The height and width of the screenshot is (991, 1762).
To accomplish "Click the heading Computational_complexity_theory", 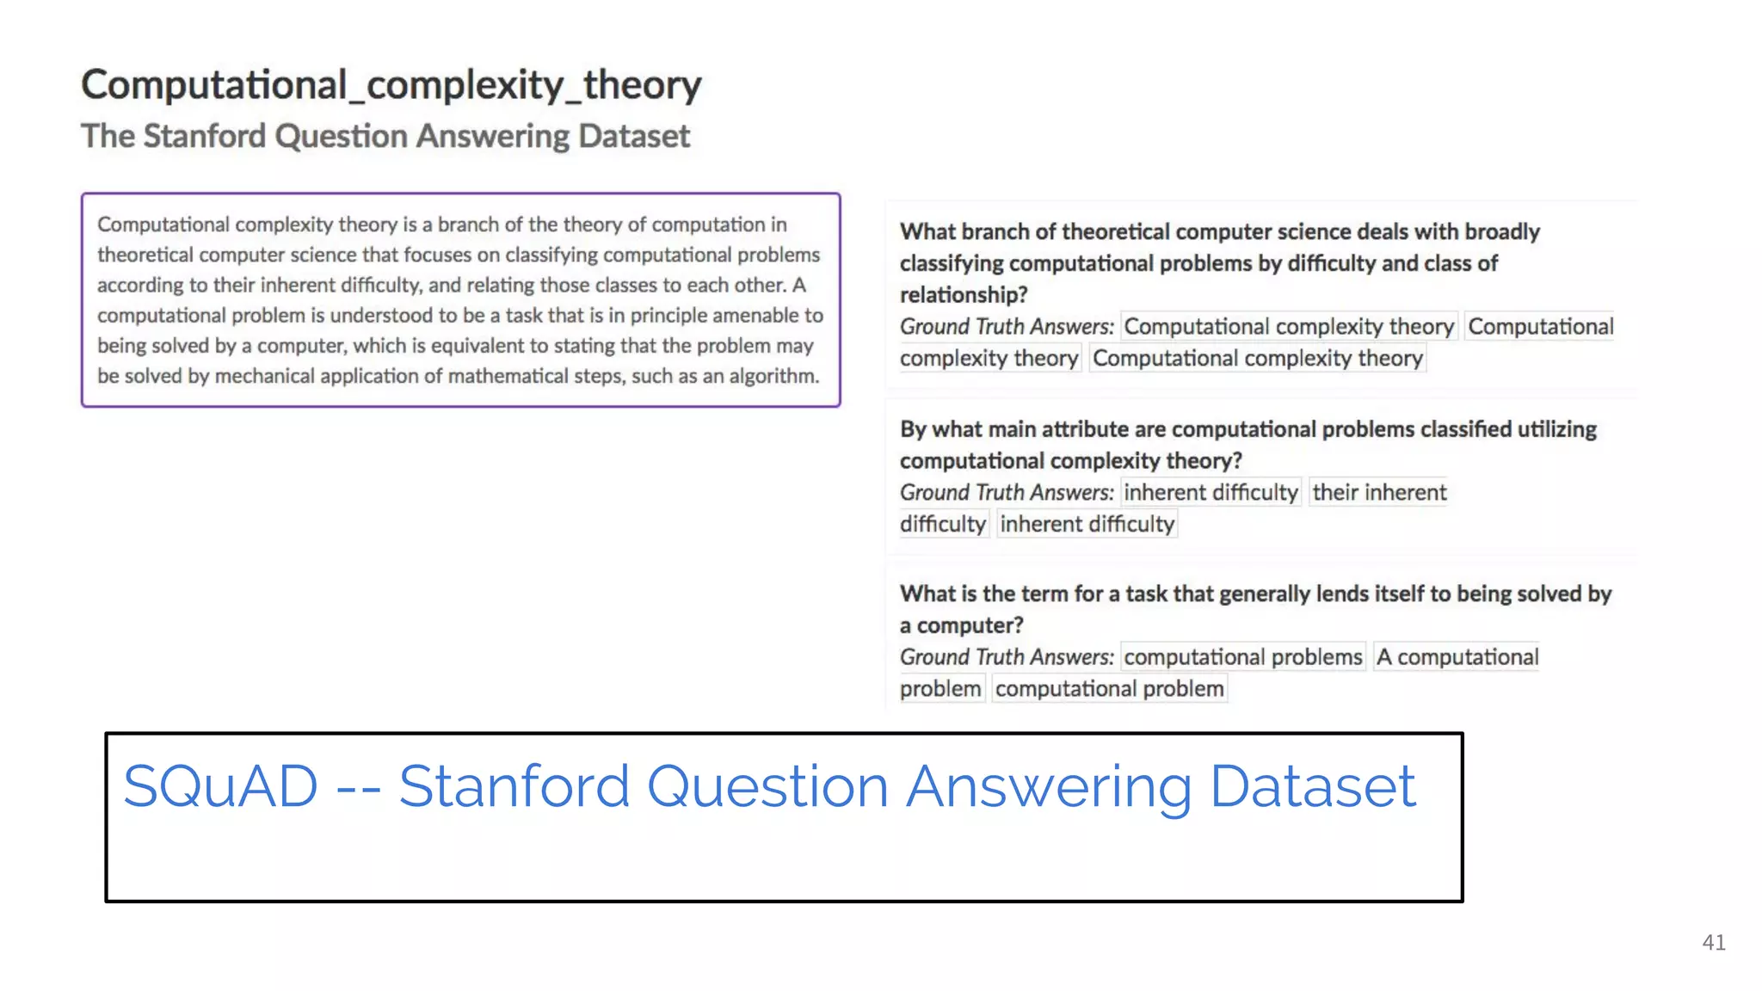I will click(x=391, y=85).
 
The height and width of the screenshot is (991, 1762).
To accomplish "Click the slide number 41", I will click(x=1713, y=943).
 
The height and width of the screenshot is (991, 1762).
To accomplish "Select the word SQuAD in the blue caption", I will click(x=220, y=786).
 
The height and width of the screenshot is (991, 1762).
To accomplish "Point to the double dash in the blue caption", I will click(x=358, y=788).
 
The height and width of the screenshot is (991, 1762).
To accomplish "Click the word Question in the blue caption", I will click(x=767, y=788).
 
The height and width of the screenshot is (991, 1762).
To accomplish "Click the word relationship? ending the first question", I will click(x=964, y=295).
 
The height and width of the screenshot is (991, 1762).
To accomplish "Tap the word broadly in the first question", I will click(x=1502, y=232).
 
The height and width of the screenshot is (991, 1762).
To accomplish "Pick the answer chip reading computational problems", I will click(x=1242, y=657).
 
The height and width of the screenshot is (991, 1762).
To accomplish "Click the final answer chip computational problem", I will click(x=1109, y=689).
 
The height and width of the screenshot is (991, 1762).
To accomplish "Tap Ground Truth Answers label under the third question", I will click(x=1007, y=657).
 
